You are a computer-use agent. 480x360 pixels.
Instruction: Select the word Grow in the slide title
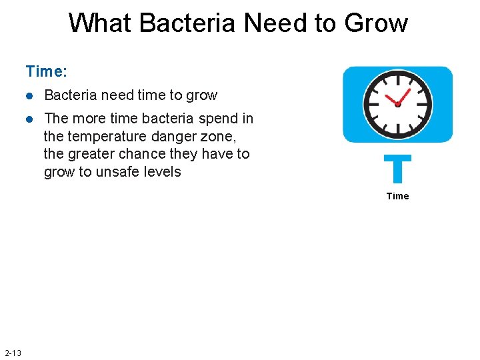(375, 23)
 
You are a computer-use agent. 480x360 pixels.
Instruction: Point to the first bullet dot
(29, 95)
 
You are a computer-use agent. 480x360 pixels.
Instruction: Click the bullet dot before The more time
(29, 119)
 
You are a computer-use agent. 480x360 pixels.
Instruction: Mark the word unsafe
(121, 172)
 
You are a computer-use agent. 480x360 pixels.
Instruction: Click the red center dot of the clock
(397, 104)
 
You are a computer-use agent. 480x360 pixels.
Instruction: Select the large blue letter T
(397, 169)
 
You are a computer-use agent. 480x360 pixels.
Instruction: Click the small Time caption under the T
(397, 196)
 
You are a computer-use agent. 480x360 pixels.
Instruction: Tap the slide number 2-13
(13, 353)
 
